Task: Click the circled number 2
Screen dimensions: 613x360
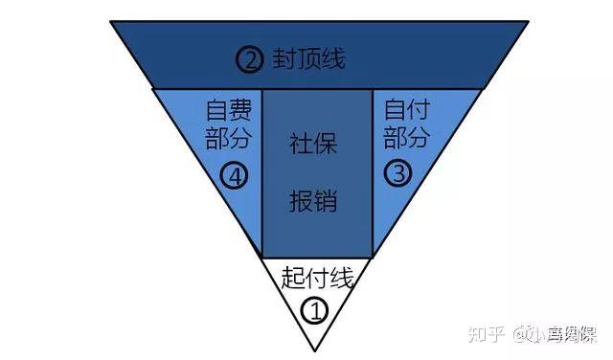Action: [249, 60]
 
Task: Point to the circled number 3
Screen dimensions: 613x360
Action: [397, 173]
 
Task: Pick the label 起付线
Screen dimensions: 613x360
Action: [317, 279]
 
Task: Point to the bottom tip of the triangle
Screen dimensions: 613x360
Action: [318, 350]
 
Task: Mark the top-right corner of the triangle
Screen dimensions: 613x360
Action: [528, 22]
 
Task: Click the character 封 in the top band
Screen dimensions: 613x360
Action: [284, 60]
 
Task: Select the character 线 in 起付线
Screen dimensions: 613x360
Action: [342, 279]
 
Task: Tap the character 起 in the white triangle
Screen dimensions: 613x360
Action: [293, 279]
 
